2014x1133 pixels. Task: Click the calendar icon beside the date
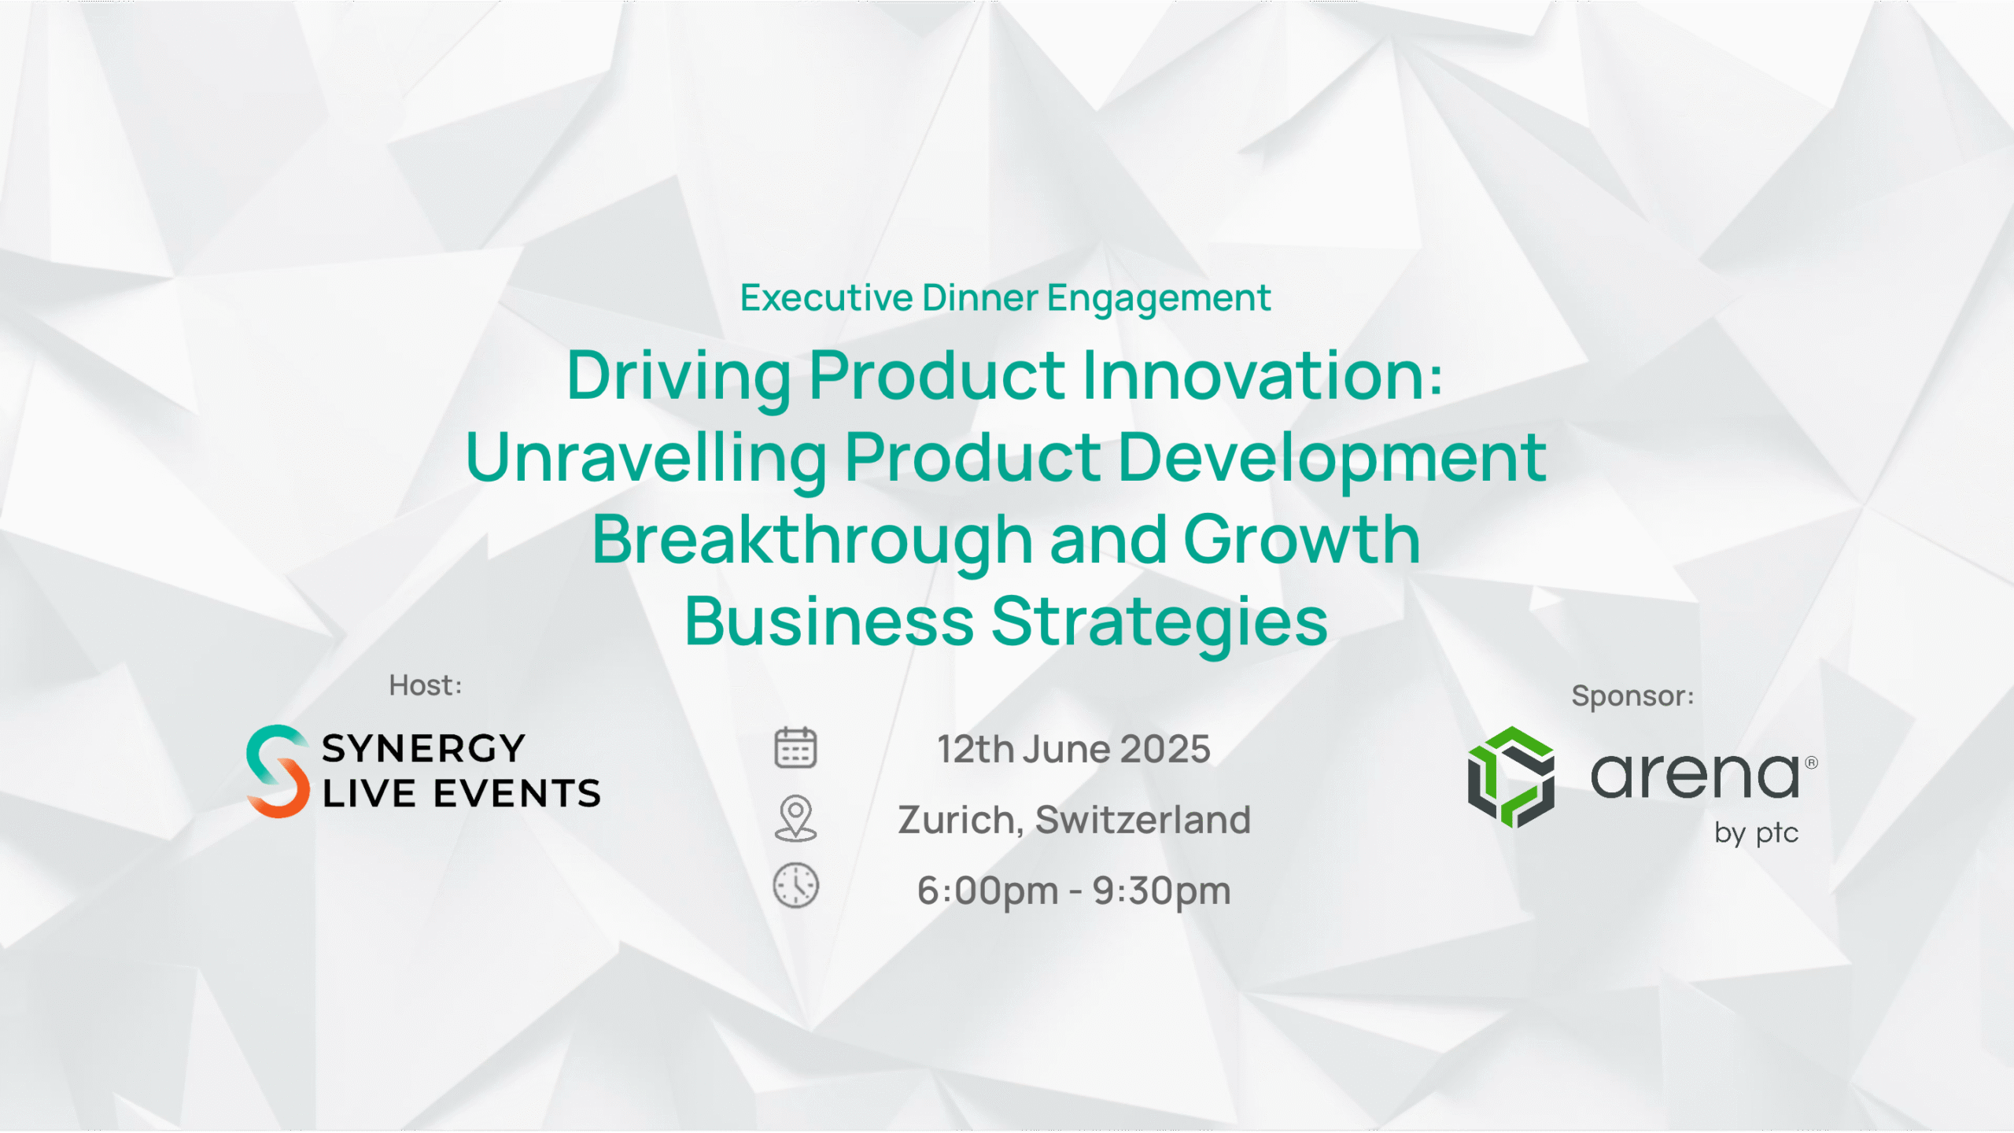pos(795,747)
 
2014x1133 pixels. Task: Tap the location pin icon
pos(795,818)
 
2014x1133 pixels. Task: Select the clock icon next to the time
pos(795,886)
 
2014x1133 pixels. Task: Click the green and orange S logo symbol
pos(278,771)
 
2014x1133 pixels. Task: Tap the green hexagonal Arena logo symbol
pos(1511,777)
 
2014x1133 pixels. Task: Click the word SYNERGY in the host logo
pos(423,748)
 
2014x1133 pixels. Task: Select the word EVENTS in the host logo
pos(517,793)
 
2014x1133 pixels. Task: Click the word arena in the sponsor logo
pos(1695,776)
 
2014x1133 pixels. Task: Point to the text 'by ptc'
pos(1757,833)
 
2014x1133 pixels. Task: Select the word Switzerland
pos(1143,820)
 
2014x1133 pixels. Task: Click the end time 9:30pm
pos(1161,891)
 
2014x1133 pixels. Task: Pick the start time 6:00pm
pos(987,891)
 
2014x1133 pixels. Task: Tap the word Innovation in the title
pos(1263,375)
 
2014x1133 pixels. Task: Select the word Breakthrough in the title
pos(812,541)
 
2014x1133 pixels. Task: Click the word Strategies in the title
pos(1160,623)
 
